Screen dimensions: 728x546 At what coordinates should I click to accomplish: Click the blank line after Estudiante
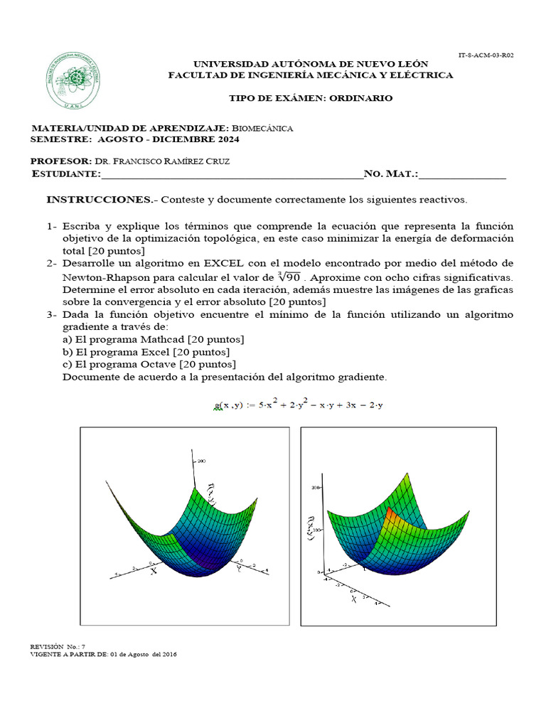coord(231,175)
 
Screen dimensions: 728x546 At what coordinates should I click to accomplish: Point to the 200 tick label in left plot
coord(202,461)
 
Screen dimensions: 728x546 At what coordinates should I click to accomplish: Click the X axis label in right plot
coord(353,599)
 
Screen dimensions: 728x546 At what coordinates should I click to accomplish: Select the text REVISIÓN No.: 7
coord(58,646)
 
